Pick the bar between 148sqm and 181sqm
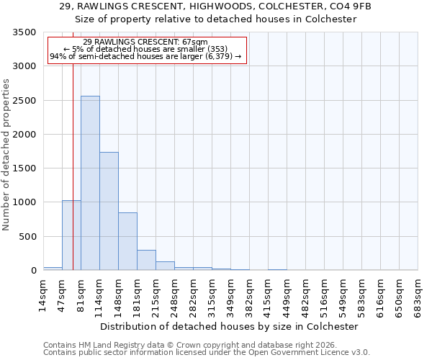point(127,241)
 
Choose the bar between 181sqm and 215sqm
point(146,260)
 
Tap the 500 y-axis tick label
point(29,237)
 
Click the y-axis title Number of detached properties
point(7,155)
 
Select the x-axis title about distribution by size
point(230,326)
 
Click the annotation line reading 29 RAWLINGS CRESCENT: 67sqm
point(145,42)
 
